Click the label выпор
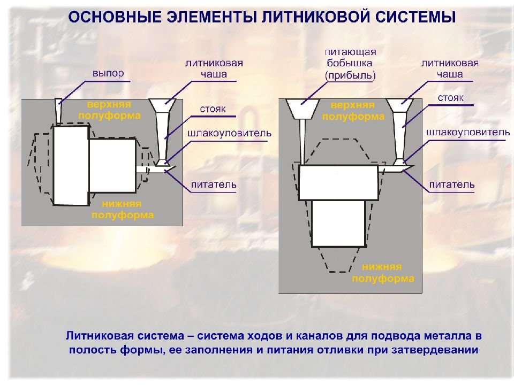tap(108, 73)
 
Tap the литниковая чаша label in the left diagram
tap(214, 68)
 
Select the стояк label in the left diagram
tap(213, 109)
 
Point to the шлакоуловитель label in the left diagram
tap(230, 133)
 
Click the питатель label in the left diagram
tap(214, 184)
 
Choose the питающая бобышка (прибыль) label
tap(350, 64)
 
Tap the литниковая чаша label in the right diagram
tap(450, 68)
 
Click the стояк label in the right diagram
tap(451, 98)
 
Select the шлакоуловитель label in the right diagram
tap(468, 132)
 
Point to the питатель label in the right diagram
tap(452, 184)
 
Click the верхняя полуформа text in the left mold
tap(109, 110)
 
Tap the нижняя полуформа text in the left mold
tap(122, 210)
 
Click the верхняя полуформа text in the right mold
tap(353, 111)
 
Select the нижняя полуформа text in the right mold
tap(383, 273)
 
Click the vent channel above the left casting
tap(58, 112)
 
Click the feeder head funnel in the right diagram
tap(303, 109)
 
